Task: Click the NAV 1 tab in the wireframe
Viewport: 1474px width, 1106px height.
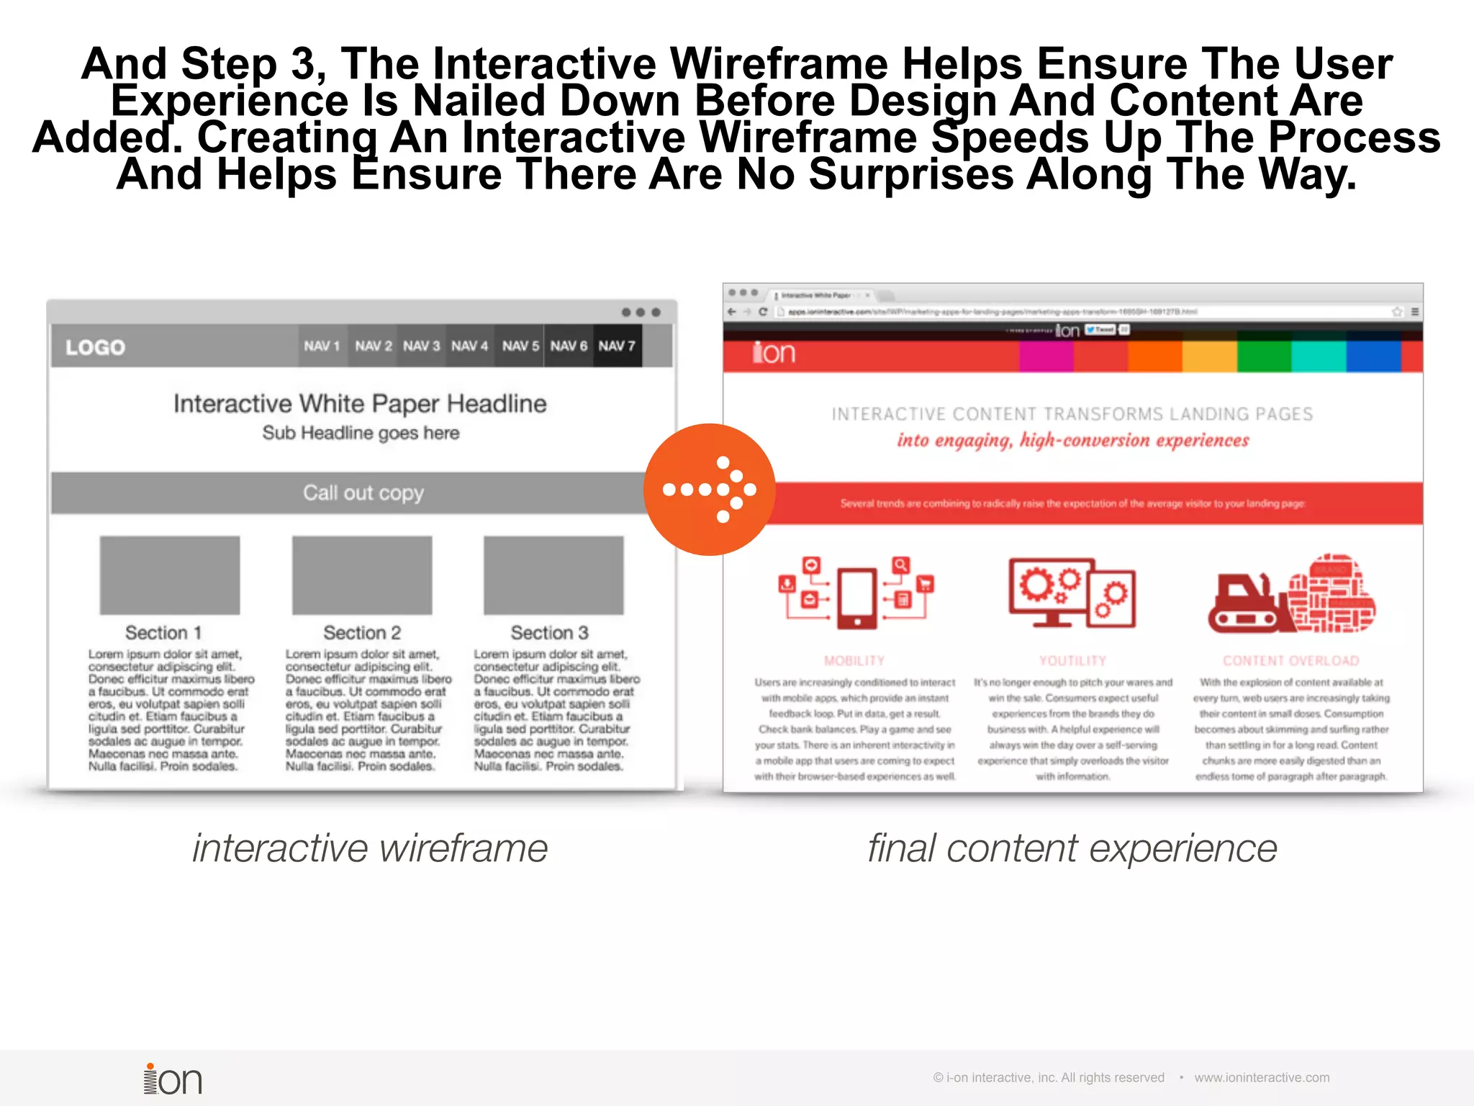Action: click(322, 346)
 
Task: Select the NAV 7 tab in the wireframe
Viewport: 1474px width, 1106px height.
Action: click(617, 346)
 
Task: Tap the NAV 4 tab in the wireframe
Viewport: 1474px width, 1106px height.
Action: click(469, 346)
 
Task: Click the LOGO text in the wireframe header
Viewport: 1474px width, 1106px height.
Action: click(96, 348)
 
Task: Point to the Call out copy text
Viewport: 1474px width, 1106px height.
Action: click(363, 493)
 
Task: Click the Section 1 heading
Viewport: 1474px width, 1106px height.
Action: click(163, 633)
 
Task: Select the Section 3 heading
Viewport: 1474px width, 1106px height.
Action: click(549, 633)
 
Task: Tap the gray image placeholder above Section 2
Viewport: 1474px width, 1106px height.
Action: click(362, 575)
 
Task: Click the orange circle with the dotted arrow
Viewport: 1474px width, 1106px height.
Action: click(709, 490)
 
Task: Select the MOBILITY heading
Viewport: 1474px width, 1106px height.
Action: click(854, 661)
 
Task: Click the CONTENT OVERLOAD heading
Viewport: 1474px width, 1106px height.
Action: click(1290, 661)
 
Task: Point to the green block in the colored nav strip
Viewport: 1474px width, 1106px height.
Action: click(1264, 356)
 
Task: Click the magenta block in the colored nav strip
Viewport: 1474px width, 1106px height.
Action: click(1046, 356)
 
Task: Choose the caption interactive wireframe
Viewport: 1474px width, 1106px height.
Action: click(370, 848)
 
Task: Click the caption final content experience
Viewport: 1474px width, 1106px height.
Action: click(1072, 848)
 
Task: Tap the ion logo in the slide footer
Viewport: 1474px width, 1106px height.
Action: click(173, 1079)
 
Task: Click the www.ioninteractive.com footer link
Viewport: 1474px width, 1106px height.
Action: click(1262, 1078)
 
